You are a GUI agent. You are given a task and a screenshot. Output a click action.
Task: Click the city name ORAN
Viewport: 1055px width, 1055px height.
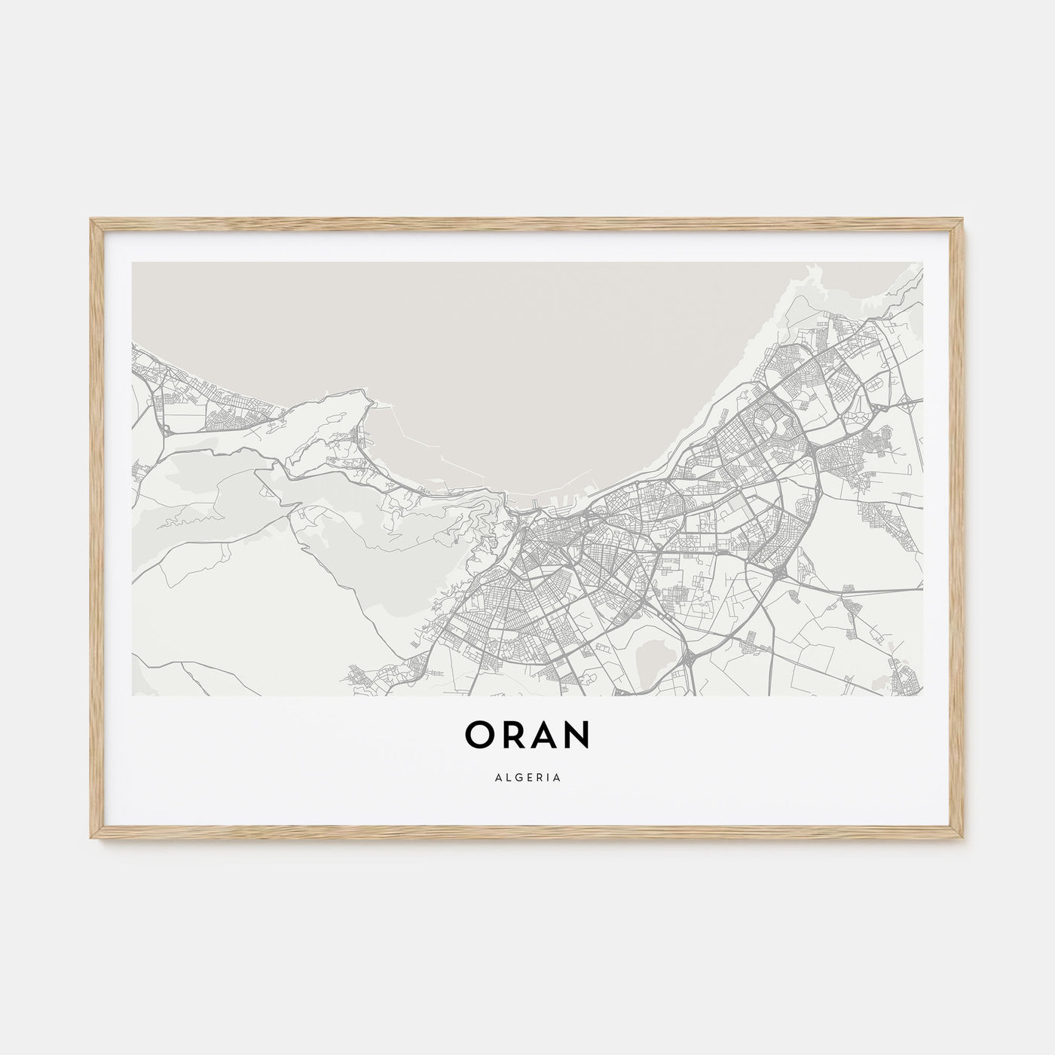[x=527, y=735]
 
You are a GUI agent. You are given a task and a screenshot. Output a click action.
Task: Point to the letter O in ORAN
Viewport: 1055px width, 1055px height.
[x=480, y=735]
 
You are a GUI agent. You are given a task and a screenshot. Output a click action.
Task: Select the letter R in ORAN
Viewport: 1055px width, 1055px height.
[x=513, y=735]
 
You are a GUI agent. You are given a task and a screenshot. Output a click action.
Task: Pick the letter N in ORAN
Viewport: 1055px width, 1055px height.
[x=577, y=735]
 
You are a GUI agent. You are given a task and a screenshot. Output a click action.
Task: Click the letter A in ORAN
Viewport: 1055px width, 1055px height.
[x=545, y=735]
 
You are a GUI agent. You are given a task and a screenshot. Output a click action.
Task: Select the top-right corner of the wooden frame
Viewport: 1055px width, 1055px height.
[x=964, y=219]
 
